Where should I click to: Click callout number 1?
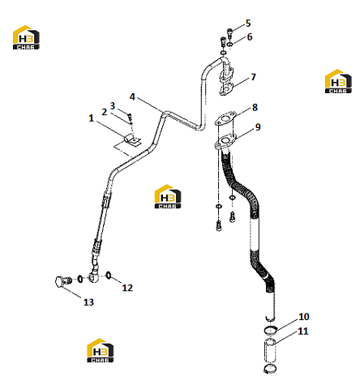(92, 118)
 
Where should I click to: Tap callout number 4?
(132, 96)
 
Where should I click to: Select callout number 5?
(248, 24)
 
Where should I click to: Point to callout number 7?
(253, 77)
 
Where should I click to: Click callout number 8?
(255, 107)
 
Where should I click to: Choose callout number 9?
(258, 127)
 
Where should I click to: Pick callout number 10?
(304, 317)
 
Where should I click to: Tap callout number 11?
(303, 331)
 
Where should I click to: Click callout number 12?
(127, 288)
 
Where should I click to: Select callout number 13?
(88, 302)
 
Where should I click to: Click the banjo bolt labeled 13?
(63, 281)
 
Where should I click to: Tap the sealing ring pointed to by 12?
(109, 276)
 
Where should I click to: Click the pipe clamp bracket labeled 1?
(131, 139)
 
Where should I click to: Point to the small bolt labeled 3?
(130, 118)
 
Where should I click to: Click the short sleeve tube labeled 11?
(269, 350)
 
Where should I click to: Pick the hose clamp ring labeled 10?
(270, 330)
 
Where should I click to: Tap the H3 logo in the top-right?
(338, 81)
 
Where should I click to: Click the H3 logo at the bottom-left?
(100, 350)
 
